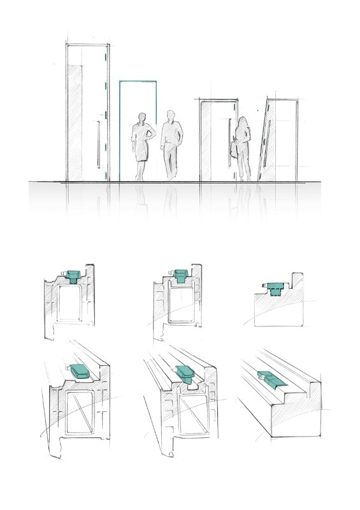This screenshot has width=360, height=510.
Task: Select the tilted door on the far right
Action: (x=278, y=140)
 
